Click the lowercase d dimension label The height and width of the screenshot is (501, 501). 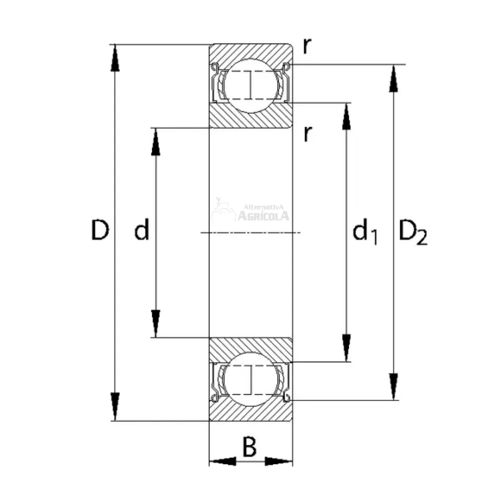(x=142, y=231)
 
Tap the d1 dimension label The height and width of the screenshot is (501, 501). (x=365, y=233)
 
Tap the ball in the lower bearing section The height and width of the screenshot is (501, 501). (x=250, y=380)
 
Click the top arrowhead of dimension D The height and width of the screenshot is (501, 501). (x=116, y=58)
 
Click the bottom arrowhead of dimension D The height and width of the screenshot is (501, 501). (x=116, y=407)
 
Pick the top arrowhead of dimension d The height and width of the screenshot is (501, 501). (x=156, y=141)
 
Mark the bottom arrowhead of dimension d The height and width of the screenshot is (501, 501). (x=156, y=324)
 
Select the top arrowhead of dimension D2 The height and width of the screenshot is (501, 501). (x=394, y=79)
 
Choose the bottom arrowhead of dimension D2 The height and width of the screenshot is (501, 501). (x=394, y=386)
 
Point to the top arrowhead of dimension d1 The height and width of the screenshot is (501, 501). (x=346, y=116)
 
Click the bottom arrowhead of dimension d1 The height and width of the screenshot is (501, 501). (x=346, y=347)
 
